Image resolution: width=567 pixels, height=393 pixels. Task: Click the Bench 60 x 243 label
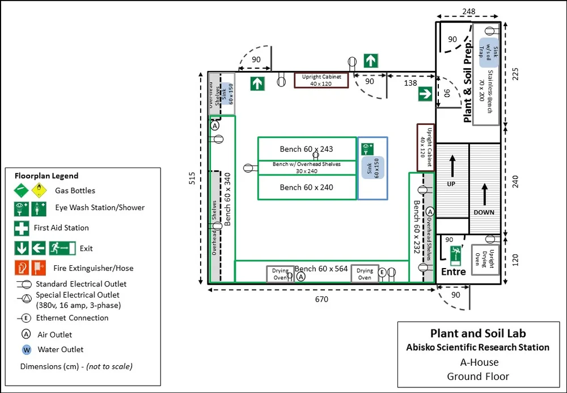[x=306, y=149]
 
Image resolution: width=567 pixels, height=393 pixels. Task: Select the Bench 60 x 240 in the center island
[x=306, y=187]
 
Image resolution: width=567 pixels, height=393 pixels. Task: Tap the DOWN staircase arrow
[x=484, y=196]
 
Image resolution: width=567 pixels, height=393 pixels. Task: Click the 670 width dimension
[x=321, y=299]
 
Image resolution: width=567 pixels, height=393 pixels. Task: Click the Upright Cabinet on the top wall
[x=321, y=80]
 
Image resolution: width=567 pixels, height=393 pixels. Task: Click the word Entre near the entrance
[x=454, y=271]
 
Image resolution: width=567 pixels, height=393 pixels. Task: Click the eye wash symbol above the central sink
[x=367, y=149]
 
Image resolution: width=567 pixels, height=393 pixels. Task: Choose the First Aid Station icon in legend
[x=22, y=228]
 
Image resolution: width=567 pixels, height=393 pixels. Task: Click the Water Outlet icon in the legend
[x=26, y=349]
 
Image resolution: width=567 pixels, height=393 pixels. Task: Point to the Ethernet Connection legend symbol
[x=26, y=318]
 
